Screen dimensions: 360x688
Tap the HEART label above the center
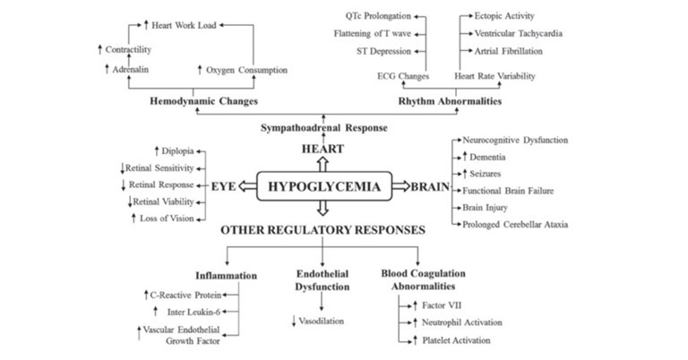(x=322, y=147)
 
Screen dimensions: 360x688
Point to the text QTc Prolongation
(x=378, y=16)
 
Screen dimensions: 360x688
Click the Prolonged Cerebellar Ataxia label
(x=514, y=223)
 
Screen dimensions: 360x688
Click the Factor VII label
(x=431, y=305)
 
